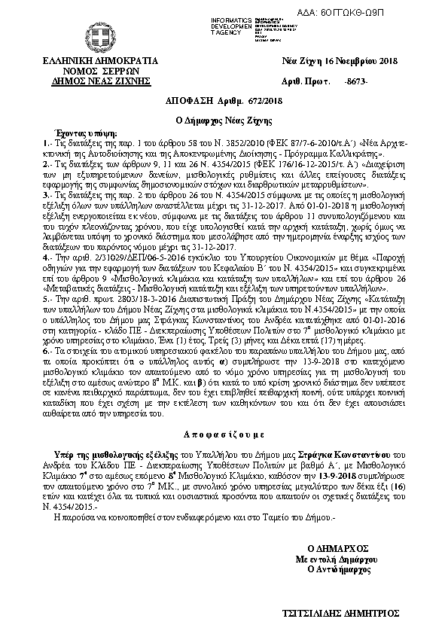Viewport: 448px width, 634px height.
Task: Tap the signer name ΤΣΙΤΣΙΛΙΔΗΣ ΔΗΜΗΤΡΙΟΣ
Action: click(x=346, y=614)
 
